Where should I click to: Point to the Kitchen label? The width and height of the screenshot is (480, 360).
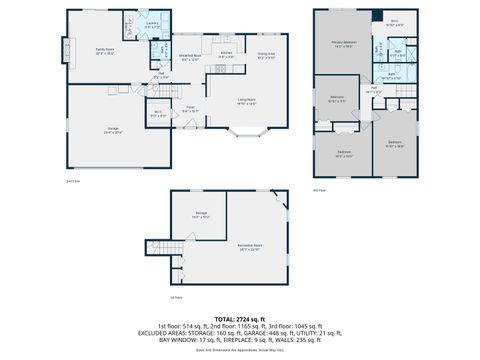click(227, 54)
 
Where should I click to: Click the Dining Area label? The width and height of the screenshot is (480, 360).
click(266, 55)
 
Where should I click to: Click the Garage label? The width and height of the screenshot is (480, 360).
click(113, 129)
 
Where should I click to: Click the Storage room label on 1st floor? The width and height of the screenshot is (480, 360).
click(200, 213)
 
